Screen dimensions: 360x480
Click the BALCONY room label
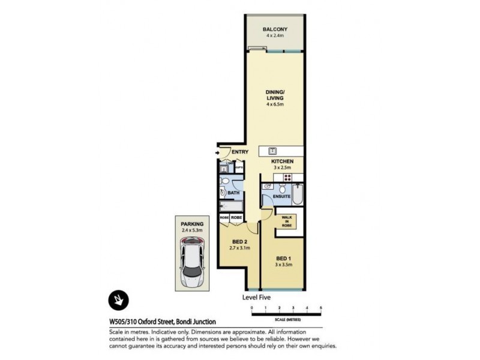click(275, 29)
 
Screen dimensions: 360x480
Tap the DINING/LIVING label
click(275, 95)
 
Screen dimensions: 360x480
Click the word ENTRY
click(239, 152)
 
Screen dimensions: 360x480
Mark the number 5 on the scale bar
click(321, 308)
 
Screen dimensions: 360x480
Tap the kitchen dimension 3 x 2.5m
click(281, 168)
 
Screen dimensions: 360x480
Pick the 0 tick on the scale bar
click(252, 308)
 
